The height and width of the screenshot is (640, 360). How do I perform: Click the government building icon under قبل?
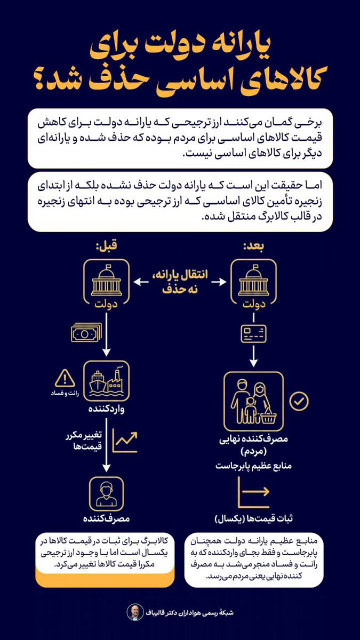tap(106, 281)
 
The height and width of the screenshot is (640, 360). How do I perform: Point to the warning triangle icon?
tap(65, 379)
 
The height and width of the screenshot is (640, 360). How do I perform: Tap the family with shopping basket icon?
tap(253, 401)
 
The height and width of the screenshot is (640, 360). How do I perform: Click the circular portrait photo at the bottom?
tap(133, 612)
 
